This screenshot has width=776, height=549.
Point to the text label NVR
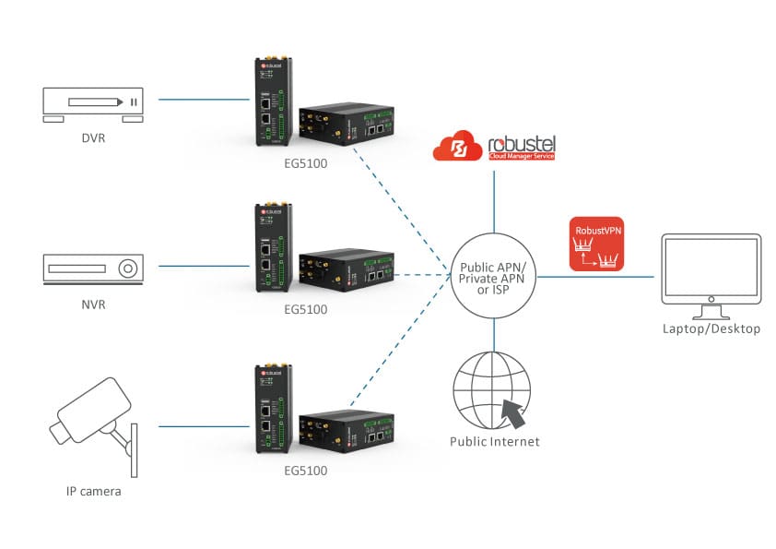point(94,304)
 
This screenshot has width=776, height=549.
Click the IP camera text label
point(93,491)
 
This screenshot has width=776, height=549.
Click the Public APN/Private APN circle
point(495,275)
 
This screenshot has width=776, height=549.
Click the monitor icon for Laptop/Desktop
point(710,271)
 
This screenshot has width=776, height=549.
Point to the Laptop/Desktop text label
point(711,328)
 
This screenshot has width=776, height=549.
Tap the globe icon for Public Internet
point(493,391)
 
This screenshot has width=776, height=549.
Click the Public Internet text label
point(494,441)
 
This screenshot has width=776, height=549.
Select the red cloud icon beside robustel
point(457,147)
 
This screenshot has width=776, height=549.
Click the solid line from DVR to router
point(205,98)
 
